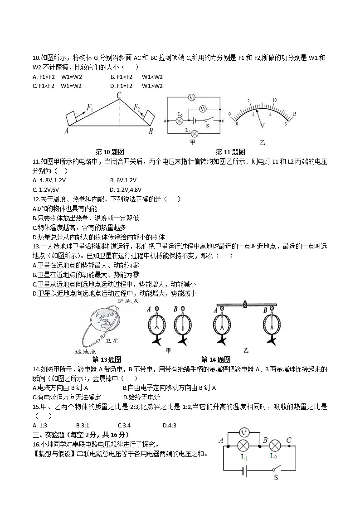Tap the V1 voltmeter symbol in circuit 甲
point(204,109)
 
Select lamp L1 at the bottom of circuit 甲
point(194,133)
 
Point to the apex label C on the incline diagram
point(119,96)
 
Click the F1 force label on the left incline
point(90,108)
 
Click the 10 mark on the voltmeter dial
point(275,100)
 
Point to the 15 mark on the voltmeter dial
point(294,114)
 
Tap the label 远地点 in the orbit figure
point(85,351)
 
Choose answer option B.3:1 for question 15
point(83,425)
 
